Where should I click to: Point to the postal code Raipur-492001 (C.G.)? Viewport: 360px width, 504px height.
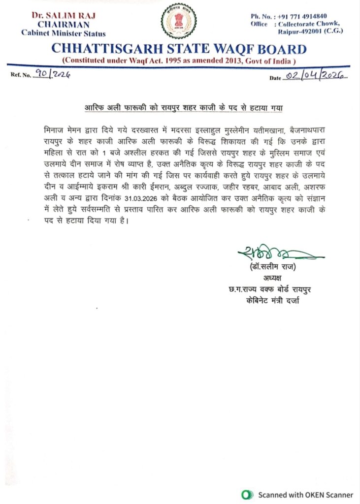pyautogui.click(x=310, y=31)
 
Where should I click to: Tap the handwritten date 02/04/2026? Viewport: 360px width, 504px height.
pyautogui.click(x=315, y=75)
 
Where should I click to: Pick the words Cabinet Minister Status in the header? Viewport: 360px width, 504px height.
pyautogui.click(x=63, y=33)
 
